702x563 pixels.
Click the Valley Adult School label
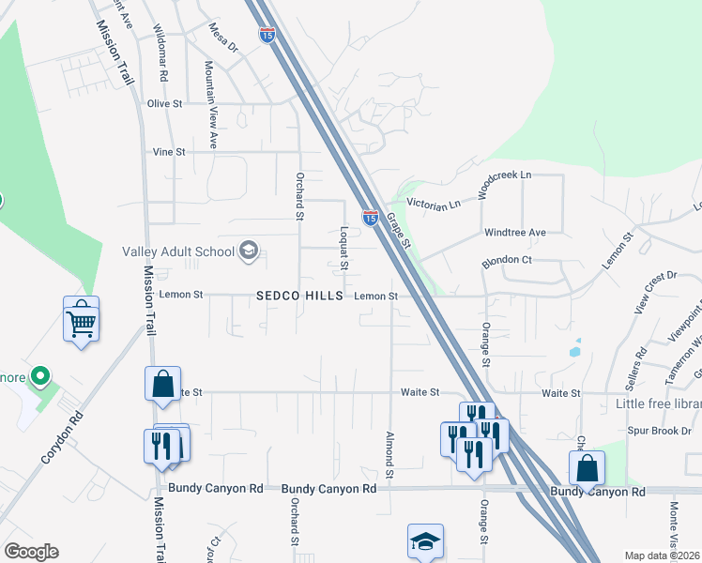pos(178,251)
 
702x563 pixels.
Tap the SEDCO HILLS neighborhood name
pos(300,296)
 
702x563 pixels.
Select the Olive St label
pos(164,103)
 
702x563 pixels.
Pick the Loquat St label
pos(344,247)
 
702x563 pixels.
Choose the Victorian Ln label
pos(434,204)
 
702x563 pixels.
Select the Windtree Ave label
pos(514,232)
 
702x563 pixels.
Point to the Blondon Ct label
pos(507,261)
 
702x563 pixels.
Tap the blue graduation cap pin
pos(425,542)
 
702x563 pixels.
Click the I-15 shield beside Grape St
pos(371,218)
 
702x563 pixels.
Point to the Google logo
pos(31,552)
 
